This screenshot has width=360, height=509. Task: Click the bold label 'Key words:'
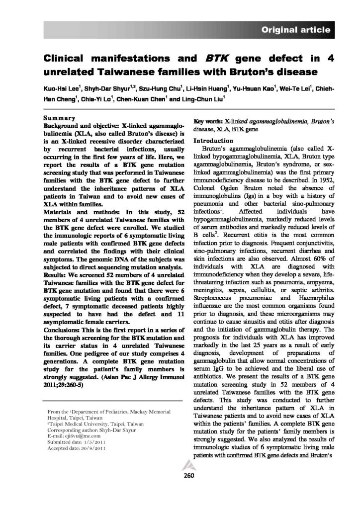pyautogui.click(x=208, y=121)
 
